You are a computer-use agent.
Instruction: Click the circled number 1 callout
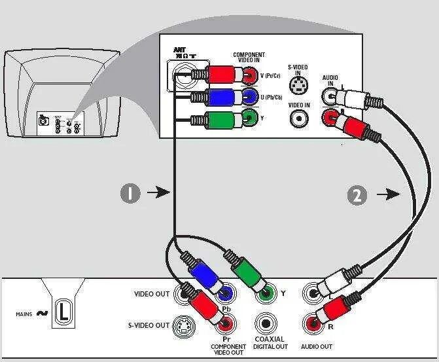130,193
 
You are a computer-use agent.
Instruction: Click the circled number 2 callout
357,196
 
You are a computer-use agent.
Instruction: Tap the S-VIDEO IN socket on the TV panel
298,84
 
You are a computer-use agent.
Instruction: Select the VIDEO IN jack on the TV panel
299,118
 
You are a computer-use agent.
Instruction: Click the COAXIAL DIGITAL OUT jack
266,323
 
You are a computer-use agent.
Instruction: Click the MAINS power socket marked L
62,312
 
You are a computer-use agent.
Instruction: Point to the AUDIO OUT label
316,346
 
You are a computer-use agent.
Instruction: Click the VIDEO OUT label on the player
152,294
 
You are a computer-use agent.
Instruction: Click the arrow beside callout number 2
392,194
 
